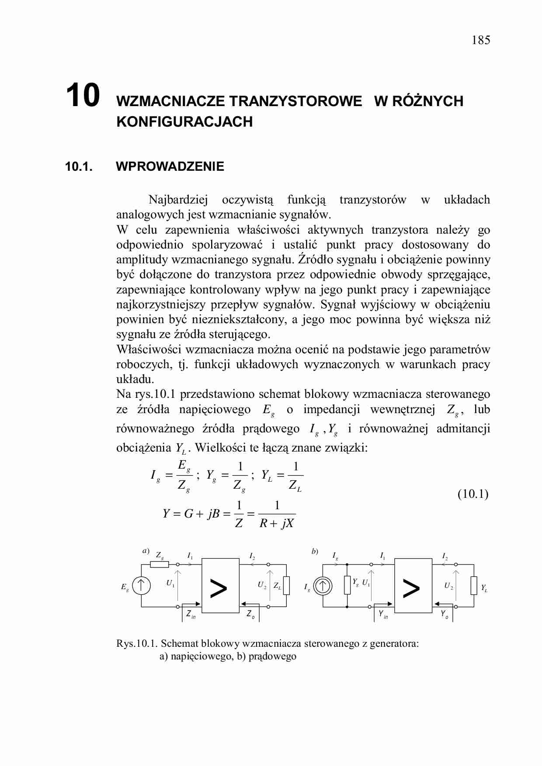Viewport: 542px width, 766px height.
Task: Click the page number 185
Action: (x=481, y=40)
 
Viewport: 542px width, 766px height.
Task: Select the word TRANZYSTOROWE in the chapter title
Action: (x=296, y=101)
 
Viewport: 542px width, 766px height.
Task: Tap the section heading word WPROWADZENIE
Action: (x=170, y=166)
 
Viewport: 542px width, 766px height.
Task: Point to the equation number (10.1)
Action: (x=473, y=494)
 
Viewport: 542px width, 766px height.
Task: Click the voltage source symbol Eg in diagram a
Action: (x=141, y=586)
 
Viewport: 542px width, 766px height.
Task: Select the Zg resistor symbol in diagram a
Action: (x=159, y=564)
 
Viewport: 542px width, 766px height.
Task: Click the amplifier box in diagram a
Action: (x=220, y=586)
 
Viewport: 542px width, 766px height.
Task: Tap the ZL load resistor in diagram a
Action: (x=286, y=586)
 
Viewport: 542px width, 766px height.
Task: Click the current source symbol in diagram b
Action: (x=323, y=586)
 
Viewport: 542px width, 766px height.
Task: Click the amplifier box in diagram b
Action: (x=413, y=586)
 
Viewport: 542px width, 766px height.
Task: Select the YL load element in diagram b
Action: (x=473, y=586)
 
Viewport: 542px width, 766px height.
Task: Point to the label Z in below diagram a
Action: (x=191, y=614)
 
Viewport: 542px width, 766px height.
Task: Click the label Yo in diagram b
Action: (x=444, y=614)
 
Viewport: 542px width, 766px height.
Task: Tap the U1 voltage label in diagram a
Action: (x=170, y=583)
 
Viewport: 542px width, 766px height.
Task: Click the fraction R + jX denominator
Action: (x=276, y=523)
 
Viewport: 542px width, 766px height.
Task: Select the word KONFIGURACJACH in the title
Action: (x=184, y=121)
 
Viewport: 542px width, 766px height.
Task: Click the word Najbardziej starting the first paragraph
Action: (x=178, y=200)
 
